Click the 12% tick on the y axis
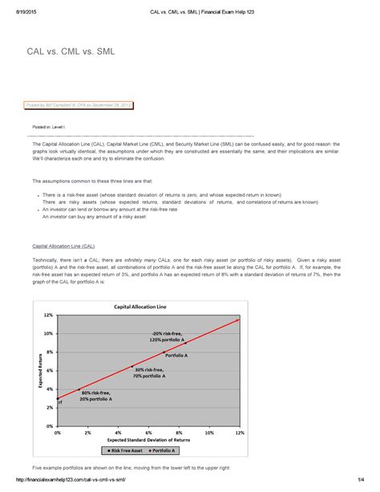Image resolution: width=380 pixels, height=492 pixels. point(49,294)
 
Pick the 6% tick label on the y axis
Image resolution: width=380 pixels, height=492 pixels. point(50,370)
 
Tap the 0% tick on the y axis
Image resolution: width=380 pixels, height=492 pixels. point(50,426)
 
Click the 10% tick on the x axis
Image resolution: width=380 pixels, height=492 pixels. point(209,433)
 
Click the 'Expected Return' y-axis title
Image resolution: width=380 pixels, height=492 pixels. point(38,362)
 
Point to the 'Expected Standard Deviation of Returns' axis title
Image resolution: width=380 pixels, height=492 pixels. point(148,441)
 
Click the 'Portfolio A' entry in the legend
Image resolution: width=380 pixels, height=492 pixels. point(171,452)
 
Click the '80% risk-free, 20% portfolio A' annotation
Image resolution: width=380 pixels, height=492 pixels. point(97,395)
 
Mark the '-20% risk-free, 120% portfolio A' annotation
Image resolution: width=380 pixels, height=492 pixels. point(167,335)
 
